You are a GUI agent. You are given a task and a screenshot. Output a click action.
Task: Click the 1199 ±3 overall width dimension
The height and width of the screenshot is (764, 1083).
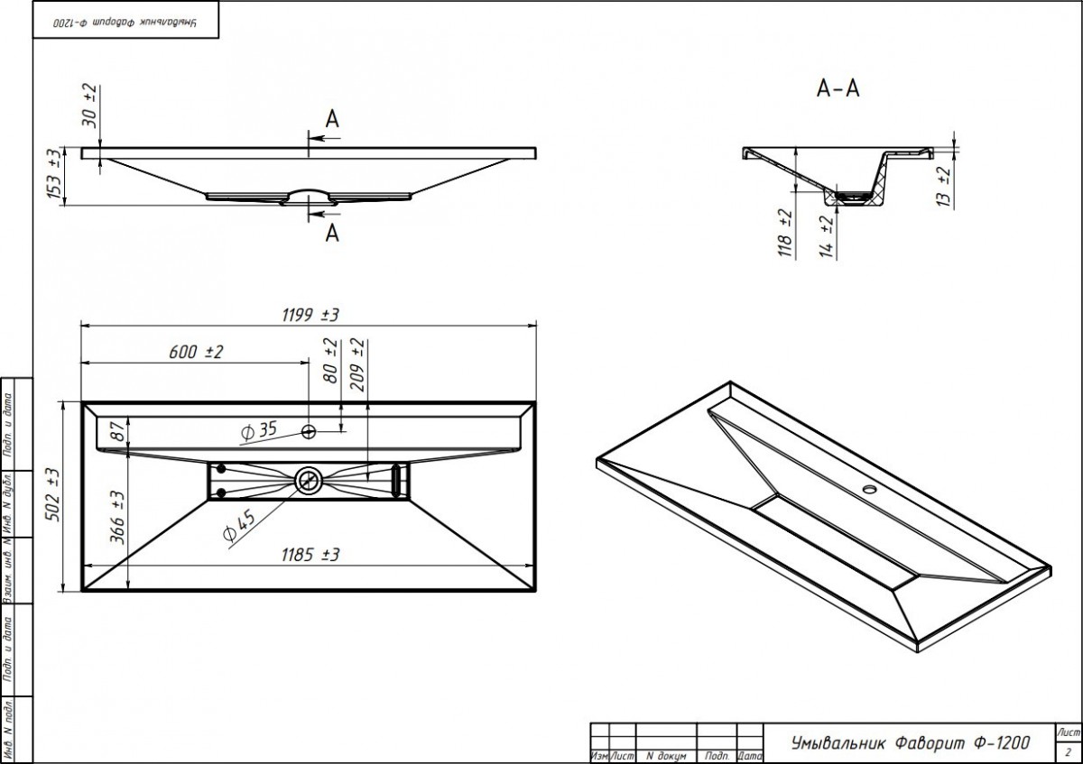(309, 314)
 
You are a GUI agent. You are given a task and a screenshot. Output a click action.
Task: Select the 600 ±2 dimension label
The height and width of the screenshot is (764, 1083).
(195, 353)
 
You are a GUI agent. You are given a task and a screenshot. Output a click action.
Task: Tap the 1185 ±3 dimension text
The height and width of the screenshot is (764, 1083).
(309, 555)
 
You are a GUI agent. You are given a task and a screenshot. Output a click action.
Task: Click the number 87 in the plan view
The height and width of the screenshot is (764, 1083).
(116, 431)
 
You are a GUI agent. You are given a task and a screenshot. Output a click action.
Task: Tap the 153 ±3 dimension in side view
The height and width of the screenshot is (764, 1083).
(54, 174)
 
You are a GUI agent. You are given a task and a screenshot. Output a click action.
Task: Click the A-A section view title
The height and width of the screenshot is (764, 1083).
(838, 88)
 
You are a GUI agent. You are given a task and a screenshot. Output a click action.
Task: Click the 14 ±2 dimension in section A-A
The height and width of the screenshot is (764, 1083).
(824, 235)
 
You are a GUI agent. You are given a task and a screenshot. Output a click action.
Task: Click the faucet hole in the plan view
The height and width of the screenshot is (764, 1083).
(309, 431)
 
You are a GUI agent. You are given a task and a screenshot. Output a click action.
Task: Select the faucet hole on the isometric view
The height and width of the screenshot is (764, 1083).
(870, 491)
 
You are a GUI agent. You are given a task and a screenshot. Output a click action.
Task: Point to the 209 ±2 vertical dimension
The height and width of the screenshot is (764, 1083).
(357, 364)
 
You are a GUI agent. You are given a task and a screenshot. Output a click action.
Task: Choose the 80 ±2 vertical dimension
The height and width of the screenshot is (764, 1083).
(330, 361)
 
